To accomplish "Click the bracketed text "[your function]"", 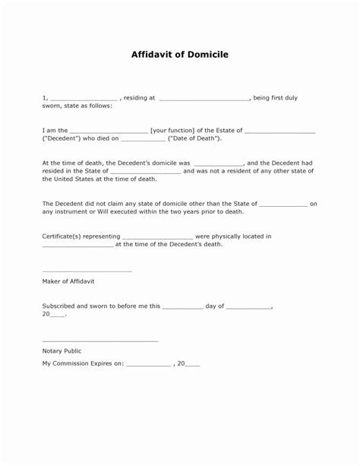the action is pos(176,131).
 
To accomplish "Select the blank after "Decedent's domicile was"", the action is pos(219,163).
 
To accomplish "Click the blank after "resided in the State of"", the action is pos(147,172).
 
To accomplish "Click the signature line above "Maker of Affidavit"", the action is pos(87,271).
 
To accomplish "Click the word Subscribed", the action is pos(59,306).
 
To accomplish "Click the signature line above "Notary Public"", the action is pos(99,340).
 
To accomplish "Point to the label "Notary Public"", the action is pos(62,351).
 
